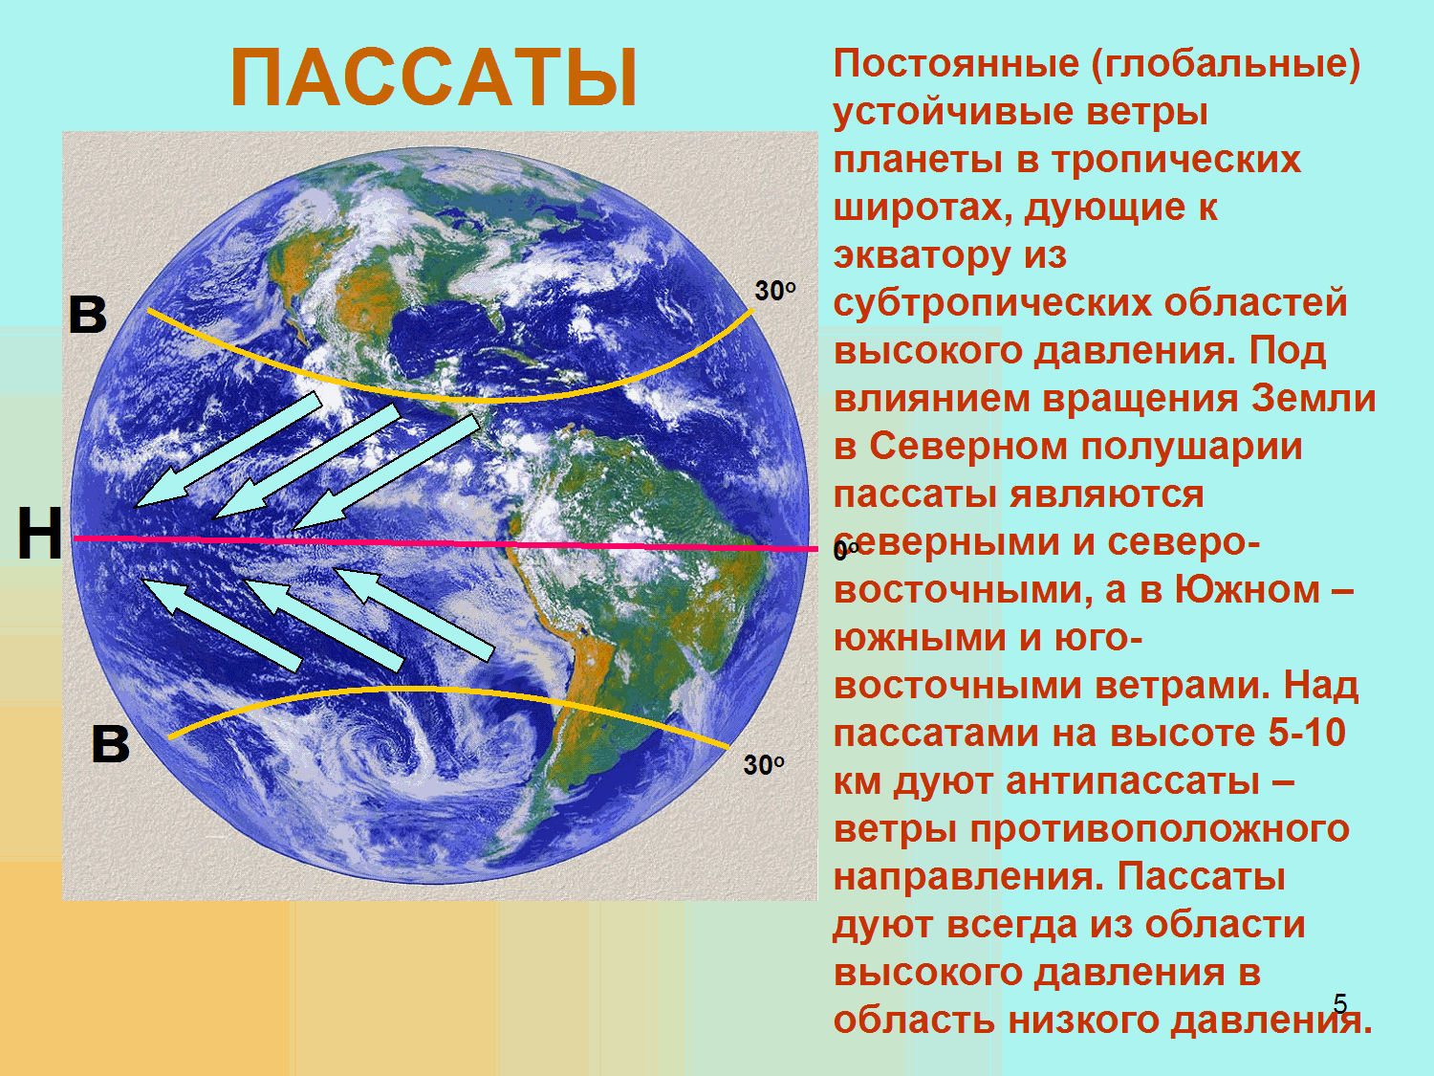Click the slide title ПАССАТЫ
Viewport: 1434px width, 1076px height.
coord(434,77)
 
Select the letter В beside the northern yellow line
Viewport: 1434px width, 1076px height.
coord(88,315)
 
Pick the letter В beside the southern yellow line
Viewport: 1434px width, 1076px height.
coord(110,744)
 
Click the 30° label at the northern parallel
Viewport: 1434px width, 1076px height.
coord(775,291)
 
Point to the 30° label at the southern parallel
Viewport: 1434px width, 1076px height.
coord(764,765)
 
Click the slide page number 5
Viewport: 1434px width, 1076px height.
coord(1340,1003)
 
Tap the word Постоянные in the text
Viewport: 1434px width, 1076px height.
coord(956,64)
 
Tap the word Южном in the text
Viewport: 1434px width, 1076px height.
coord(1248,589)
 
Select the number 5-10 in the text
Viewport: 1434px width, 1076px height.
coord(1307,733)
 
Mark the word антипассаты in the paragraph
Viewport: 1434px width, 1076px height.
coord(1133,780)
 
